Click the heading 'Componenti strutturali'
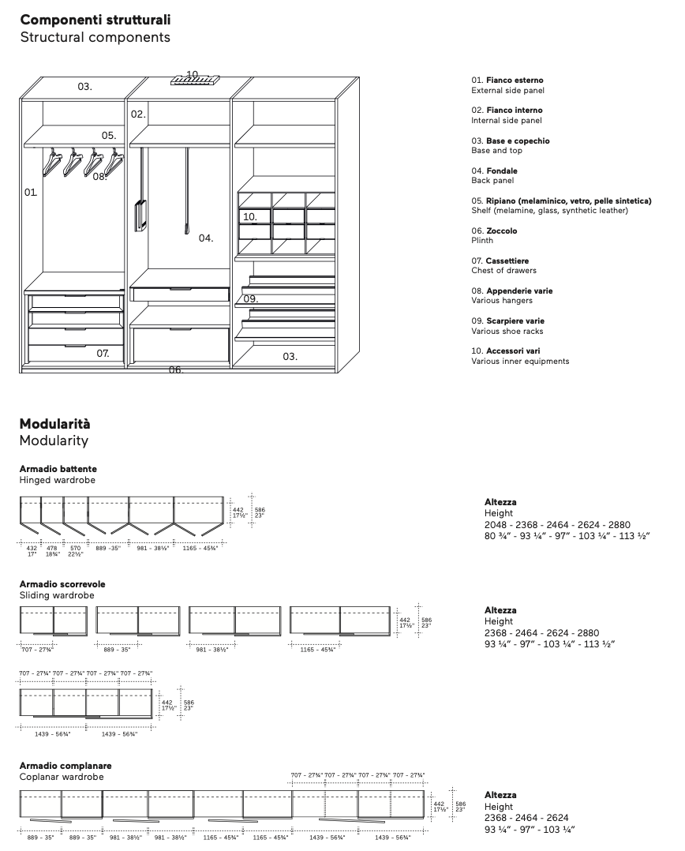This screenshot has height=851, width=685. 95,19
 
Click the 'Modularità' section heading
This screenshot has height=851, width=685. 54,423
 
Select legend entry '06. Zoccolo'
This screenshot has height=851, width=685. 494,231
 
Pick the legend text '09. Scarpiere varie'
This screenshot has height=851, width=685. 507,321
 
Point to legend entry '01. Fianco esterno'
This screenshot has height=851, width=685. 507,81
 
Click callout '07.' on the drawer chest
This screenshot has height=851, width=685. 103,354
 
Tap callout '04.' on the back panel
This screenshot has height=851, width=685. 206,238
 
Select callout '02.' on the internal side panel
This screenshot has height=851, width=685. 138,114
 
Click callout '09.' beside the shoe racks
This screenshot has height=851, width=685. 250,299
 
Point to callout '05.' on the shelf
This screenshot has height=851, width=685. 108,136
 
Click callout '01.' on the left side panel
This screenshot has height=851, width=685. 30,192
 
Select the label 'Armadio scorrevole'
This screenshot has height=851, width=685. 62,584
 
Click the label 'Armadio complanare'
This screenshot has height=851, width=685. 66,766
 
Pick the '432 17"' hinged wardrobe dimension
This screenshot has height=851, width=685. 32,550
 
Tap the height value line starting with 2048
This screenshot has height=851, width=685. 557,524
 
